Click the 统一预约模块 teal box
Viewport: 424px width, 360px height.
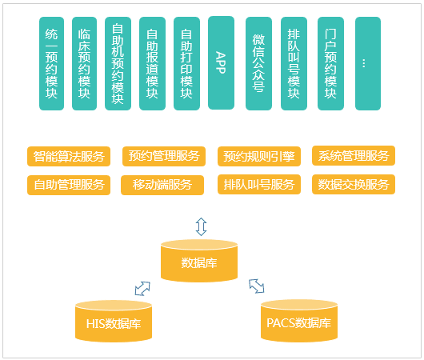pyautogui.click(x=51, y=63)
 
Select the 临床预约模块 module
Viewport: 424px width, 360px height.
pyautogui.click(x=84, y=63)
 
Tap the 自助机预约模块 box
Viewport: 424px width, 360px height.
pyautogui.click(x=118, y=63)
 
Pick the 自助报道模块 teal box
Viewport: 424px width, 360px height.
pyautogui.click(x=152, y=63)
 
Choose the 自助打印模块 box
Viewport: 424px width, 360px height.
pyautogui.click(x=186, y=63)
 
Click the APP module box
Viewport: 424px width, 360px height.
pyautogui.click(x=221, y=62)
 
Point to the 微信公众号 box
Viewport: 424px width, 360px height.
pyautogui.click(x=258, y=63)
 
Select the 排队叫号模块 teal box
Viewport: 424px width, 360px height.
pyautogui.click(x=294, y=63)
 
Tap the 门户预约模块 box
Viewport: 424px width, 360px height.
pyautogui.click(x=330, y=63)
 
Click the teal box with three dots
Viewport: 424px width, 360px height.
pyautogui.click(x=368, y=63)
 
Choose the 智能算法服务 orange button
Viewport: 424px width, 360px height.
pyautogui.click(x=69, y=156)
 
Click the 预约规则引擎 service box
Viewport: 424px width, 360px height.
pyautogui.click(x=259, y=156)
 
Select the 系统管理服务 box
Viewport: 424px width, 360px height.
pyautogui.click(x=354, y=155)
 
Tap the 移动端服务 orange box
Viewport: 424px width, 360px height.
pyautogui.click(x=162, y=185)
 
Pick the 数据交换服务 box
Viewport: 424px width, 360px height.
pyautogui.click(x=354, y=185)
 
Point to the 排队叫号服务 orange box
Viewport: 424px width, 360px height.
pyautogui.click(x=259, y=185)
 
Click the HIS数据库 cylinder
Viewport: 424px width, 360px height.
pyautogui.click(x=114, y=322)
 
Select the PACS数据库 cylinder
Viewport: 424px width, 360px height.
pyautogui.click(x=299, y=321)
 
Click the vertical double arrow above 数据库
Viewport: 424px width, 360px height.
pyautogui.click(x=201, y=226)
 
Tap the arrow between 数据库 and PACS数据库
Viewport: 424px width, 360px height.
pyautogui.click(x=256, y=286)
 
